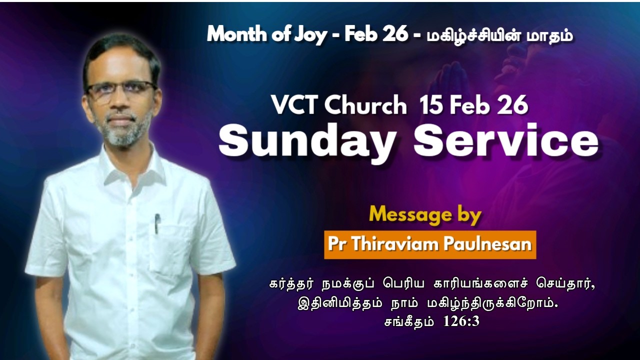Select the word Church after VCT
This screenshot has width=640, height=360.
tap(365, 106)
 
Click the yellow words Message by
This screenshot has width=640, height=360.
tap(425, 215)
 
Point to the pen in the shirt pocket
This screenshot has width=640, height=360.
tap(157, 223)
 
